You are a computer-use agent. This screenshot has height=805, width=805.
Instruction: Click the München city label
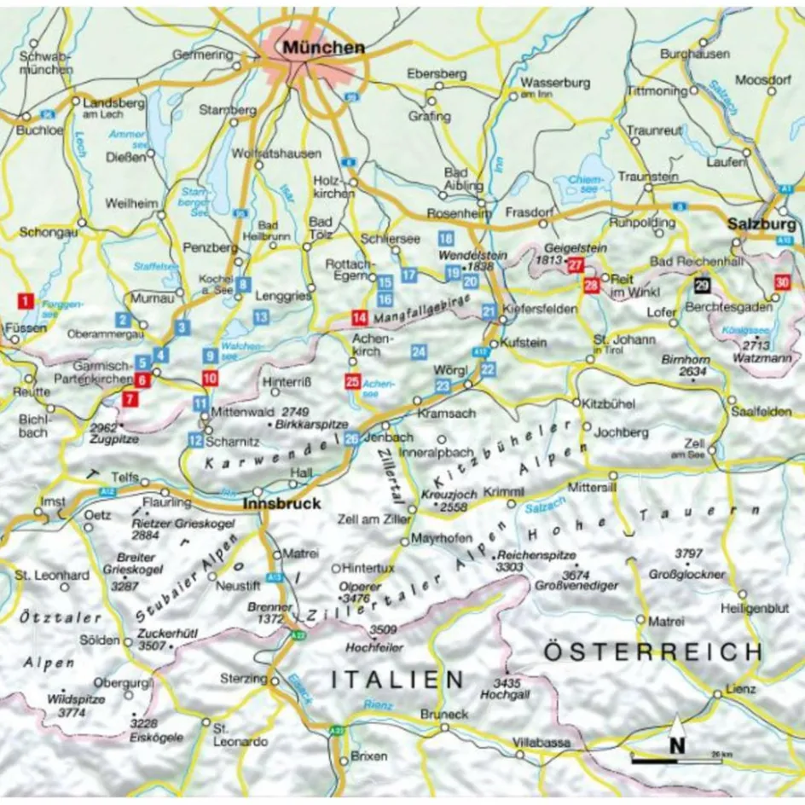pyautogui.click(x=325, y=49)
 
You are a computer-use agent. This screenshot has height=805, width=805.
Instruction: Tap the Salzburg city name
pyautogui.click(x=762, y=224)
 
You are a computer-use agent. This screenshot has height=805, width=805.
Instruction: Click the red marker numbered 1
pyautogui.click(x=26, y=300)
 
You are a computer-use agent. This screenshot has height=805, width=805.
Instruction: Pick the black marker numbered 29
pyautogui.click(x=701, y=287)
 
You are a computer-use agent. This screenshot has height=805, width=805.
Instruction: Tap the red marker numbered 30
pyautogui.click(x=782, y=283)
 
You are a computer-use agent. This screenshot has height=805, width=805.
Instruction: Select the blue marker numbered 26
pyautogui.click(x=352, y=438)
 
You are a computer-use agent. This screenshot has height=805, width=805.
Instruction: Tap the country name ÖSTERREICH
pyautogui.click(x=652, y=652)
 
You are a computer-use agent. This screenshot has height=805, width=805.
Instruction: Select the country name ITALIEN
pyautogui.click(x=397, y=680)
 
